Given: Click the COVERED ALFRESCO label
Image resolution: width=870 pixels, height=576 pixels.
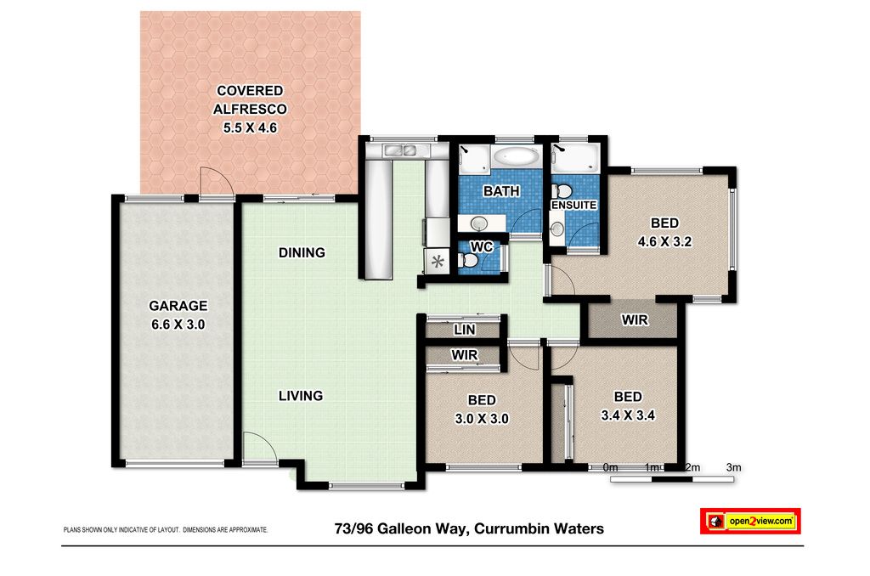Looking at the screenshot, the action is coord(250,100).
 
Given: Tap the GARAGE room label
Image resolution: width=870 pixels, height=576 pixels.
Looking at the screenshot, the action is coord(178,306).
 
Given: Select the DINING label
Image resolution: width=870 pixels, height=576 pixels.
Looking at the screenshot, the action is coord(302,252).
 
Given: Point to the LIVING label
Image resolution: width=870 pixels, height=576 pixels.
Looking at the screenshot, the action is coord(301,396).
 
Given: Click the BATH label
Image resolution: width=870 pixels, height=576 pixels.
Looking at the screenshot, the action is coord(501,191).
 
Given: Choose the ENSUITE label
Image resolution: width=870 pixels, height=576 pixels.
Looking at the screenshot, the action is coord(573,205).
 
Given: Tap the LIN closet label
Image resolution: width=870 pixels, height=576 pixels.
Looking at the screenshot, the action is coord(465,330).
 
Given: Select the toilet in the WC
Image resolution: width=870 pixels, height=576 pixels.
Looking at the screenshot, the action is coord(468,260).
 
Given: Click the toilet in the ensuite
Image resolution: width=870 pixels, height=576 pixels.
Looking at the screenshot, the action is coord(562,191).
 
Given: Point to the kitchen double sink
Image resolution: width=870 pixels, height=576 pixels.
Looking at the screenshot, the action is coord(401,150).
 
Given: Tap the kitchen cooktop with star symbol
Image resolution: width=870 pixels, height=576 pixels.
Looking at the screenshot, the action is coord(438,261).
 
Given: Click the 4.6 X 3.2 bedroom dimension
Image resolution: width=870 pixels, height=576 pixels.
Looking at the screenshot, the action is coord(664,241).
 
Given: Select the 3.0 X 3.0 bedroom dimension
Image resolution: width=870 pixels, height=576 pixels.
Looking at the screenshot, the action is coord(482,418).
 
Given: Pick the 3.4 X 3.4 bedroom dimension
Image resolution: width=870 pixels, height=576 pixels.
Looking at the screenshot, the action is coord(628,415).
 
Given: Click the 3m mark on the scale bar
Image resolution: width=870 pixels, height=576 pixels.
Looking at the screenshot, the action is coord(733,467).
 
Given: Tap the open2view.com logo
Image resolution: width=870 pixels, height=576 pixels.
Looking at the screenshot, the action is coord(750,521).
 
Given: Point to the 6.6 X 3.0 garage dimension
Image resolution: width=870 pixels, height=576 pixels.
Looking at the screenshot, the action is coord(178,324).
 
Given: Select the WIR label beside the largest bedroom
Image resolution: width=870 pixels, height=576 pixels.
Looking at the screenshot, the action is coord(634,319).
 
